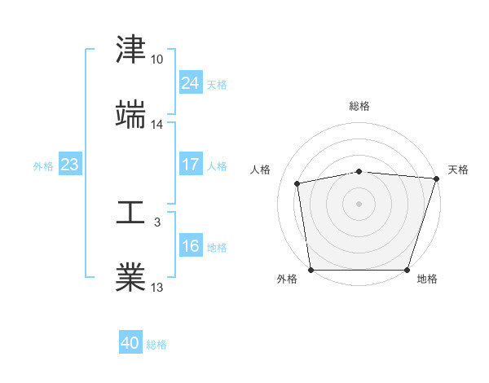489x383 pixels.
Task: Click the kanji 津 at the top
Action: [x=130, y=51]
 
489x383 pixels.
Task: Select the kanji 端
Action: [x=130, y=115]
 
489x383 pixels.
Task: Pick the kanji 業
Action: [x=130, y=278]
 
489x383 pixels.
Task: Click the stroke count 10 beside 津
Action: [x=156, y=60]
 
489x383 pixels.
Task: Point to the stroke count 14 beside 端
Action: [x=156, y=125]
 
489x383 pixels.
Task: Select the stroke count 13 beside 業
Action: [x=156, y=288]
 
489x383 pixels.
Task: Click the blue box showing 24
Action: [x=190, y=83]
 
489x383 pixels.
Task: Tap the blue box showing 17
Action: [x=190, y=165]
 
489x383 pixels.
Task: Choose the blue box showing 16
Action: [x=190, y=246]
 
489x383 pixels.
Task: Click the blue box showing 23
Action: [x=69, y=165]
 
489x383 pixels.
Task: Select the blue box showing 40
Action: [x=130, y=343]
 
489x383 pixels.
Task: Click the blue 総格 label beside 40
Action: [x=156, y=345]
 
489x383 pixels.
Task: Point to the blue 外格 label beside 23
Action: [x=43, y=166]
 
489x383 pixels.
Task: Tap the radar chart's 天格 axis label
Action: [x=458, y=169]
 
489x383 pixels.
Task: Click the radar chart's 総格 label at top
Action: [x=359, y=106]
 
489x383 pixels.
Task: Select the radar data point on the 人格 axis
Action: [x=297, y=183]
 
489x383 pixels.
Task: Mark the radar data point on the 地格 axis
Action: [x=407, y=270]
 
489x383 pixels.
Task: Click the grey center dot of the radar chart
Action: [x=359, y=203]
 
